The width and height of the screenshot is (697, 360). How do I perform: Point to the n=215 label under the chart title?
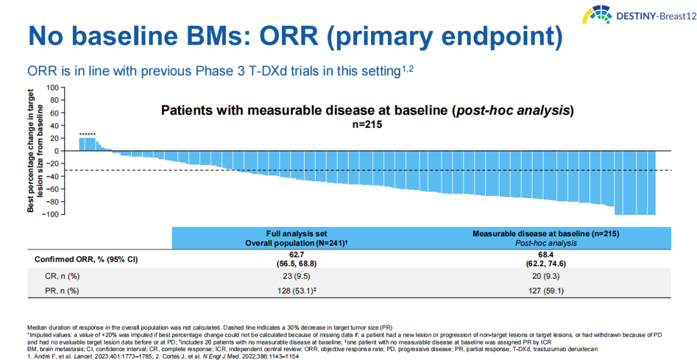pos(367,125)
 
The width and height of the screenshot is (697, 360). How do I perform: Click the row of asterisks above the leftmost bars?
pos(87,134)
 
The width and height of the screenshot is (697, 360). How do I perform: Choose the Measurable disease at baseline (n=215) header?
pos(546,233)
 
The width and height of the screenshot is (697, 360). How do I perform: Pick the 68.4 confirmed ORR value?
pos(546,255)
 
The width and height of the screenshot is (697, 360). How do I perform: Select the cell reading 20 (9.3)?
pos(546,276)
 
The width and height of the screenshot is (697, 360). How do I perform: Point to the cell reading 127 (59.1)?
pos(546,291)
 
